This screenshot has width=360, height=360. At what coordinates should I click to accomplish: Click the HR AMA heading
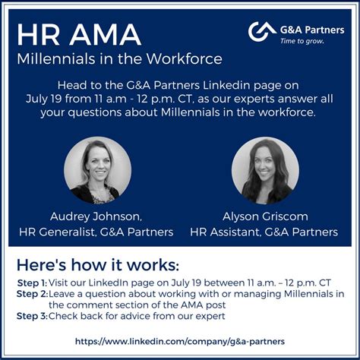click(x=78, y=33)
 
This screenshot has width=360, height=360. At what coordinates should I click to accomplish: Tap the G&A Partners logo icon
click(x=262, y=32)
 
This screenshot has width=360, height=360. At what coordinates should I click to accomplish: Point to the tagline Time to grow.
click(x=302, y=41)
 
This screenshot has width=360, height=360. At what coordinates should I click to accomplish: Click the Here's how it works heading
click(x=98, y=265)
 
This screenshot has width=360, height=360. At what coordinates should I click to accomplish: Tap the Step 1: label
click(x=33, y=283)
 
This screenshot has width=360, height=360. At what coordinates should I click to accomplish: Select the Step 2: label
click(x=33, y=294)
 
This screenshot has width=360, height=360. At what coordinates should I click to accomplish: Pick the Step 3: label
click(x=33, y=315)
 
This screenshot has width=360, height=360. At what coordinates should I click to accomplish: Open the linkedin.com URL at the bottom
click(x=180, y=341)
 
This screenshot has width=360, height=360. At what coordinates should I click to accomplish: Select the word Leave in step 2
click(x=65, y=294)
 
